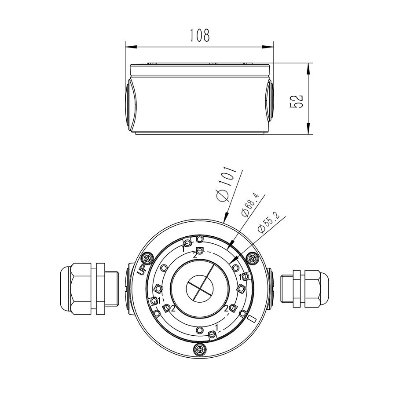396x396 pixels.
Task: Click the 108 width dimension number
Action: pyautogui.click(x=199, y=35)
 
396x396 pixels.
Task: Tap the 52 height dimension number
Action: pyautogui.click(x=297, y=101)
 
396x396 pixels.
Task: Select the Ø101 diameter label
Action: pyautogui.click(x=226, y=184)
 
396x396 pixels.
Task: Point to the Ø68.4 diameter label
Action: pyautogui.click(x=250, y=205)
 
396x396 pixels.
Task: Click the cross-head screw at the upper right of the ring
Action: pyautogui.click(x=252, y=258)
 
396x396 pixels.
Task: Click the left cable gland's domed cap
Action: pyautogui.click(x=66, y=289)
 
